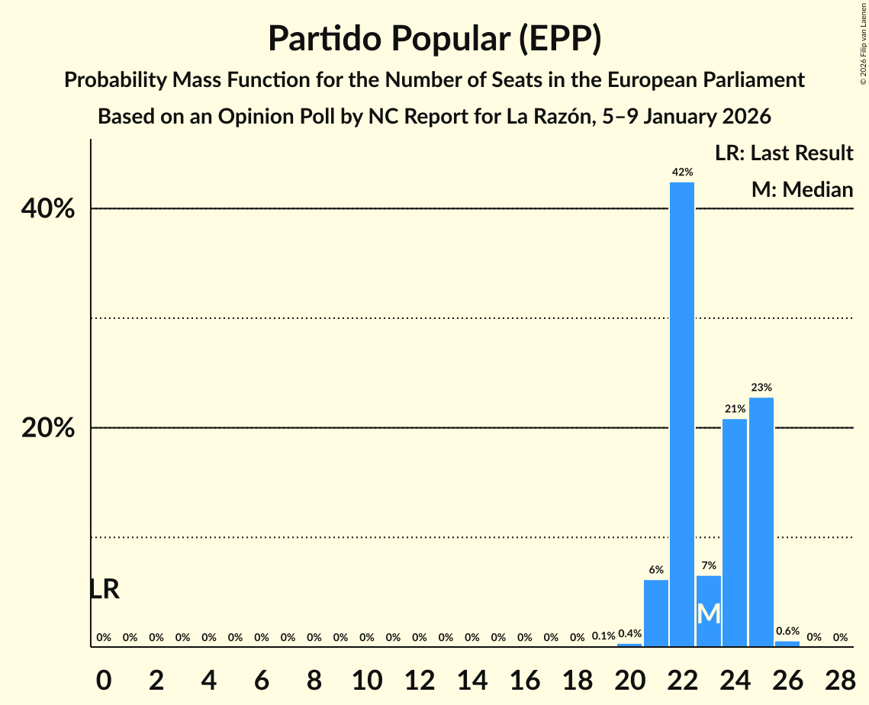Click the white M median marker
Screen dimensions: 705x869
click(x=709, y=613)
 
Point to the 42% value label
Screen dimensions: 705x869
click(x=682, y=172)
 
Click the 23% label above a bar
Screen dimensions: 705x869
click(x=761, y=388)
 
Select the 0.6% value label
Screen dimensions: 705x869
click(x=787, y=632)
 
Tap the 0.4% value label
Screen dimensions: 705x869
click(x=629, y=634)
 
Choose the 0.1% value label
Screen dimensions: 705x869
click(x=603, y=636)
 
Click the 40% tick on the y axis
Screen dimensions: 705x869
click(x=48, y=209)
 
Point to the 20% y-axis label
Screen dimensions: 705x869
click(x=48, y=429)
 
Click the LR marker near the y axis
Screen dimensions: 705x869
click(x=105, y=589)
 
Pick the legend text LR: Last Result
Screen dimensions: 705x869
click(x=784, y=153)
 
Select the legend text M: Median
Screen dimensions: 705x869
click(x=802, y=189)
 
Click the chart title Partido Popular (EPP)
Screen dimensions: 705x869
click(x=434, y=39)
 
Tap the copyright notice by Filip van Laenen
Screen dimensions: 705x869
click(x=864, y=43)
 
